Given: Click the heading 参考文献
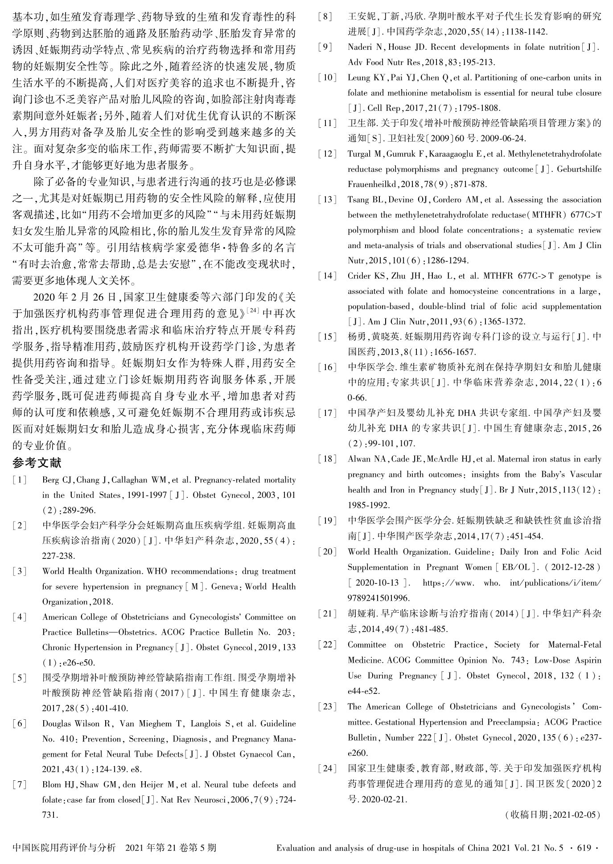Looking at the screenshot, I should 37,463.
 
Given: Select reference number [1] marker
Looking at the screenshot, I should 20,480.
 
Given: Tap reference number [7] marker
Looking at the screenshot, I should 20,785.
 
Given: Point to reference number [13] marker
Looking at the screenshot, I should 327,200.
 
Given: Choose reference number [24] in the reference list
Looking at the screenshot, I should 327,768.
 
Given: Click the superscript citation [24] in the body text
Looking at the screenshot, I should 253,310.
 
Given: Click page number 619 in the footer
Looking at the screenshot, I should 583,848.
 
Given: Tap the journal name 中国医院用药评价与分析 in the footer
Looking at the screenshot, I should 65,848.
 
